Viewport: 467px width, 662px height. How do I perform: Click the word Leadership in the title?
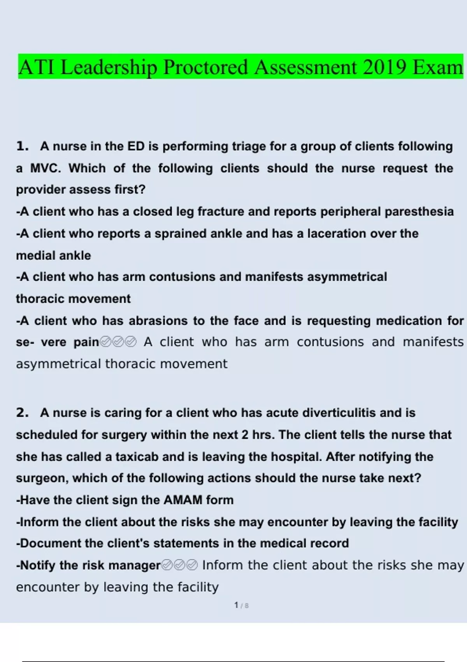point(109,67)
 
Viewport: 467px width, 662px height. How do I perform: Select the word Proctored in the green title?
point(205,67)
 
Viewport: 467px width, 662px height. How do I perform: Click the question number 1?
point(22,146)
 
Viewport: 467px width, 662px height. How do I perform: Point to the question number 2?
point(22,413)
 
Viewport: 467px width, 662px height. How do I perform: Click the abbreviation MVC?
point(46,168)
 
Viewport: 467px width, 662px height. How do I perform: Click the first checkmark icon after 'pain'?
point(105,342)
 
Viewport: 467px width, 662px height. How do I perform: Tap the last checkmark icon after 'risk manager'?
point(192,565)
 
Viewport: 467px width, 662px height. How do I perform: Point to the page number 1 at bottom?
point(236,605)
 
